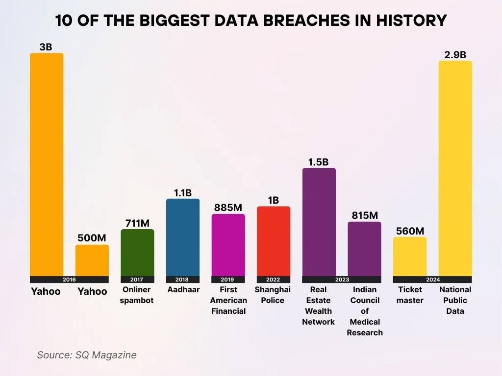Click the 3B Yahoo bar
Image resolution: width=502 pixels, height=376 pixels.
tap(47, 164)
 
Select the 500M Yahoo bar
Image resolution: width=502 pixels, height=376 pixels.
tap(92, 260)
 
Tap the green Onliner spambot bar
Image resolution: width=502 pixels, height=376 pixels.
tap(137, 252)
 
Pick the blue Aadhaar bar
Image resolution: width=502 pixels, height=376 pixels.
tap(183, 237)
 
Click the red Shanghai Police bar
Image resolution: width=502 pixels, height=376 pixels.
tap(274, 241)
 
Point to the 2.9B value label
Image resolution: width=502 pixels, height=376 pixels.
tap(455, 55)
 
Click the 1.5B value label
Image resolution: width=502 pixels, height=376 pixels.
tap(319, 162)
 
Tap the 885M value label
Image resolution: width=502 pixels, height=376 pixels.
tap(228, 208)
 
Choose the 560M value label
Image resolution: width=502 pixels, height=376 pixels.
tap(410, 231)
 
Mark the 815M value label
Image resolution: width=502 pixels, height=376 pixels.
tap(365, 215)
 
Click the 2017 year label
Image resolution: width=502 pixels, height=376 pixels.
tap(137, 280)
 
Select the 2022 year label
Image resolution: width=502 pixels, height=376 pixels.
tap(274, 280)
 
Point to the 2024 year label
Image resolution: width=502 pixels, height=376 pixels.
tap(432, 280)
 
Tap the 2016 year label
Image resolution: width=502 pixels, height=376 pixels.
tap(69, 280)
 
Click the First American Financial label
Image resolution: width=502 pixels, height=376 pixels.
tap(228, 300)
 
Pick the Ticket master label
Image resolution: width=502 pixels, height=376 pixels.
tap(410, 295)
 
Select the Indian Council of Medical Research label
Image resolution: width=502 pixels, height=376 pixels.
tap(365, 311)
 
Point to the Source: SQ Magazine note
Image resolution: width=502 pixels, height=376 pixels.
tap(87, 355)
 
